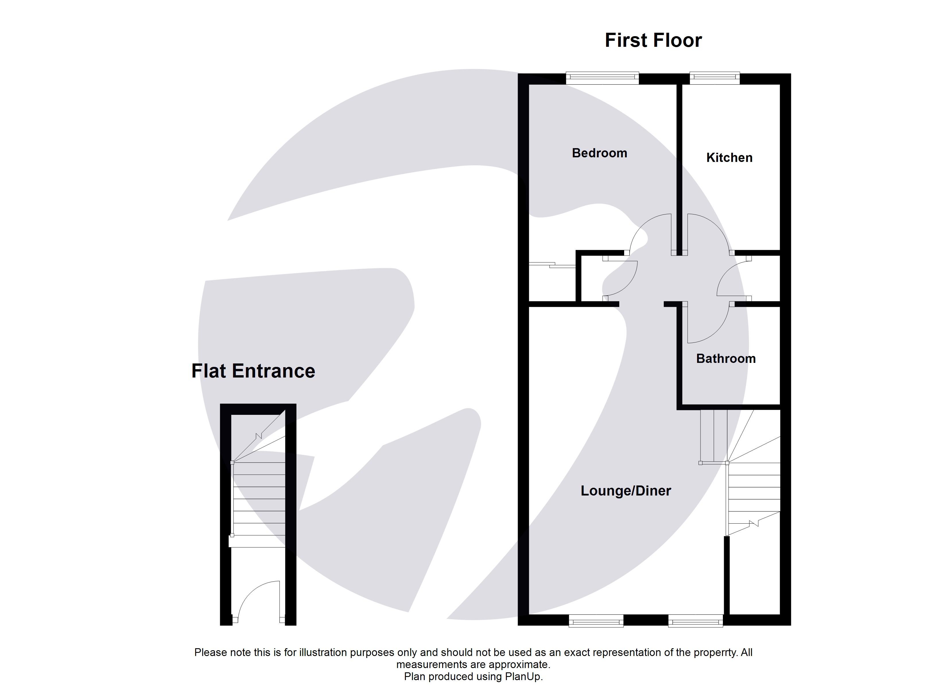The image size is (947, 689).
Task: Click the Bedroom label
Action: [x=599, y=153]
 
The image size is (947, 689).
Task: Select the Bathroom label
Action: [x=726, y=359]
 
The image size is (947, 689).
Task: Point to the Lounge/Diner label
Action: [x=626, y=491]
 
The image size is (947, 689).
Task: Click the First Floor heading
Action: [x=653, y=40]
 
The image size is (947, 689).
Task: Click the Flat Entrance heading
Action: [x=253, y=371]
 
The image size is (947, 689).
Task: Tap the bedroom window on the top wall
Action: [x=602, y=78]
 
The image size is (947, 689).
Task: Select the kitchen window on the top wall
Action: [x=715, y=78]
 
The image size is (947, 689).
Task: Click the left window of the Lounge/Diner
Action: [x=596, y=621]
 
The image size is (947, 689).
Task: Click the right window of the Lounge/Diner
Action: [x=695, y=621]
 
